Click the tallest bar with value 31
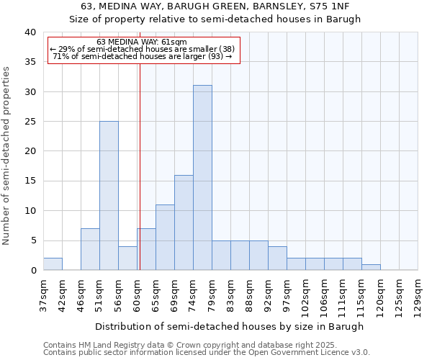(202, 178)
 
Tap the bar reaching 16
(184, 222)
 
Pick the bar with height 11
(165, 238)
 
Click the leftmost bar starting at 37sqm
(53, 264)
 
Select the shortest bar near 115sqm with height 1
(371, 267)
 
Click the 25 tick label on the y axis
(30, 122)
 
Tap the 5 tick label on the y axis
(33, 240)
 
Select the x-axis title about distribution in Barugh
(229, 326)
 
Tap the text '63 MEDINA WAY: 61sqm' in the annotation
(142, 42)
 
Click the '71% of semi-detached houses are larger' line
(143, 56)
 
